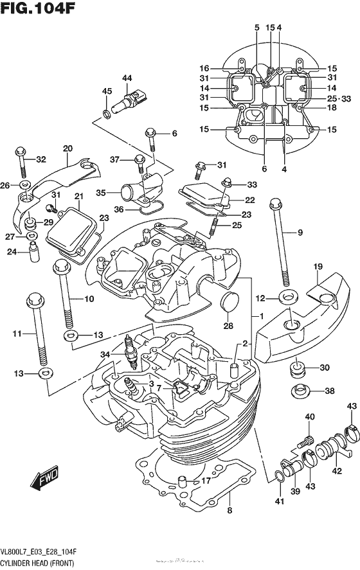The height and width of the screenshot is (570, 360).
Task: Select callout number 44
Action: [127, 78]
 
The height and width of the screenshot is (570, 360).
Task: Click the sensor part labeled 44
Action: [127, 101]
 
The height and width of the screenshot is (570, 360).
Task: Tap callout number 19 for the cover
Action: [318, 267]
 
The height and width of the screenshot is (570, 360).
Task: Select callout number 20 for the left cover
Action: [66, 149]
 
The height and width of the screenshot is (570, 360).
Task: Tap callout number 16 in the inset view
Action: [204, 68]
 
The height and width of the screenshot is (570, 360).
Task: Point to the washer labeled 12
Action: [287, 298]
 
